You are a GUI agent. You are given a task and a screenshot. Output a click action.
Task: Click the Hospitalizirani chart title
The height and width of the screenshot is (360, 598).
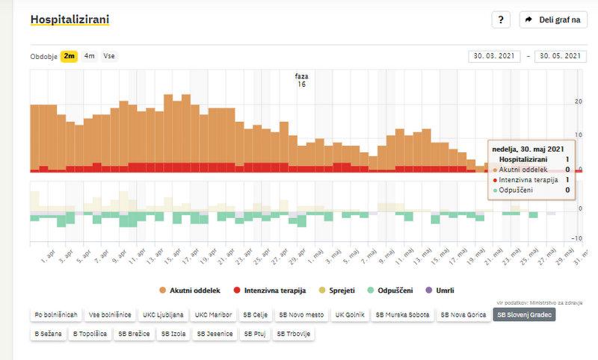coord(70,19)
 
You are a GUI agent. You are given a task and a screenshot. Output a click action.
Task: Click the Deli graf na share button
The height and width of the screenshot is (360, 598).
coord(553,19)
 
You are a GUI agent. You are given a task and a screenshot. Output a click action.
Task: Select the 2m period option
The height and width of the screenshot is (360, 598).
coord(70,56)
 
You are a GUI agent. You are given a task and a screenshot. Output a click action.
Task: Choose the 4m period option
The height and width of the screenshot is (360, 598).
coord(90,56)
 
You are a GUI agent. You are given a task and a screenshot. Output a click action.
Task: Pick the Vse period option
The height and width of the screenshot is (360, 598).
coord(109,56)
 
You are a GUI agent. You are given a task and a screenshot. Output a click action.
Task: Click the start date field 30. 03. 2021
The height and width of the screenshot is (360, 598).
coord(494,56)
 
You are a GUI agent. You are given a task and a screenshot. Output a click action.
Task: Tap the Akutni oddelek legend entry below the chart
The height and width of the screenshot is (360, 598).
coord(190,290)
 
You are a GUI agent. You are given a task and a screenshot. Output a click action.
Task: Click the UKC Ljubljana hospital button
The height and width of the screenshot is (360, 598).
coord(162,315)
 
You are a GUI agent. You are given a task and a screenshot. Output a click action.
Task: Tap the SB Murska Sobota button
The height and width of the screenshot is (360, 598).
coord(402,315)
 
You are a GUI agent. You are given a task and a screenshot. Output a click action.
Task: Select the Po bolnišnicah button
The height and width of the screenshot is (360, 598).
coord(56,315)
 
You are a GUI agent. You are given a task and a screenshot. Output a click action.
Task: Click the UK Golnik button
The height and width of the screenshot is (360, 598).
coord(350,315)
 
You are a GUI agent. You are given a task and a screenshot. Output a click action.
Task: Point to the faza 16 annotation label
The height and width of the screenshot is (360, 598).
coord(302,80)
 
